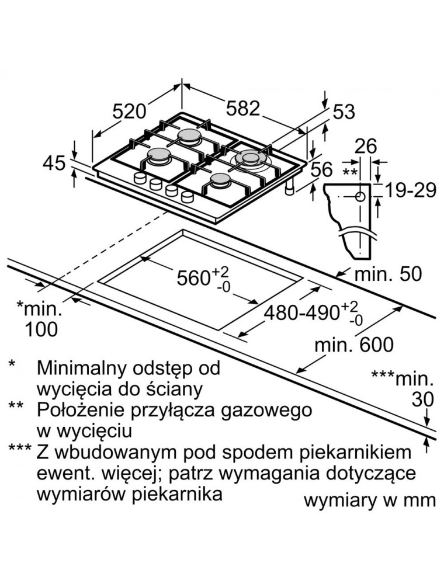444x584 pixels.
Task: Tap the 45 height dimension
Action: [x=54, y=164]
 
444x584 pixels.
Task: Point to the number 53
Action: [x=344, y=112]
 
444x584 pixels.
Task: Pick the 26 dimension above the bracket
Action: [x=366, y=146]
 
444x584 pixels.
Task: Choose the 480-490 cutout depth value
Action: [x=304, y=313]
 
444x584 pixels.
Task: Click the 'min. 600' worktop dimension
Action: [x=354, y=345]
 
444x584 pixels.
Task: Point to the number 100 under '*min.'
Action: [x=41, y=329]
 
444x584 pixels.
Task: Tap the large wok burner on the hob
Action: [x=250, y=159]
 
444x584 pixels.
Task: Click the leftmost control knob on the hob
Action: [x=140, y=179]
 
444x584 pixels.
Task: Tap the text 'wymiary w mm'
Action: [x=370, y=500]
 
